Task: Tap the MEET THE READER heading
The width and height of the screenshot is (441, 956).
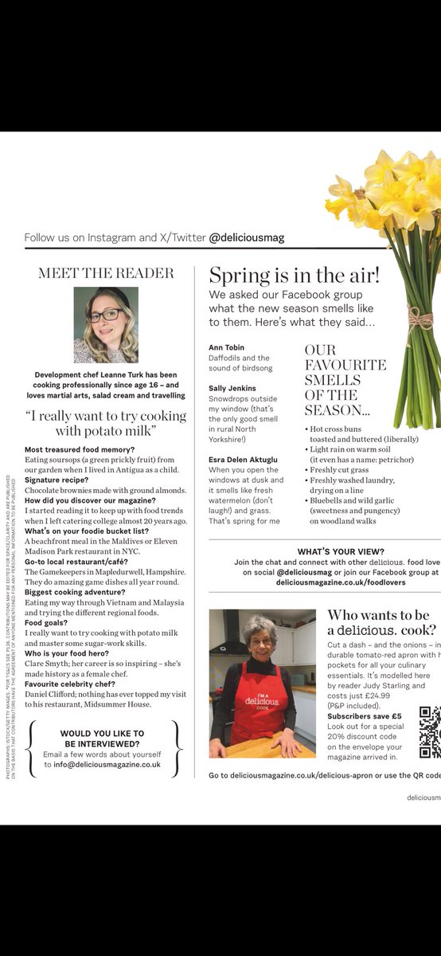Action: point(106,273)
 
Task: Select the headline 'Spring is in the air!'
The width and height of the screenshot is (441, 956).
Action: point(294,276)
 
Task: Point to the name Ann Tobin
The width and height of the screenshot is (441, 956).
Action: point(228,347)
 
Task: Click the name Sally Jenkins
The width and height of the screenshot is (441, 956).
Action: point(232,388)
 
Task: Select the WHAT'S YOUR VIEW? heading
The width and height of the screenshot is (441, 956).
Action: point(341,551)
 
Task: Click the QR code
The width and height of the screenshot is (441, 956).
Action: point(430,732)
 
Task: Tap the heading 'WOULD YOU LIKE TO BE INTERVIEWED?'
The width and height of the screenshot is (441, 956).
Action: point(102,739)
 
